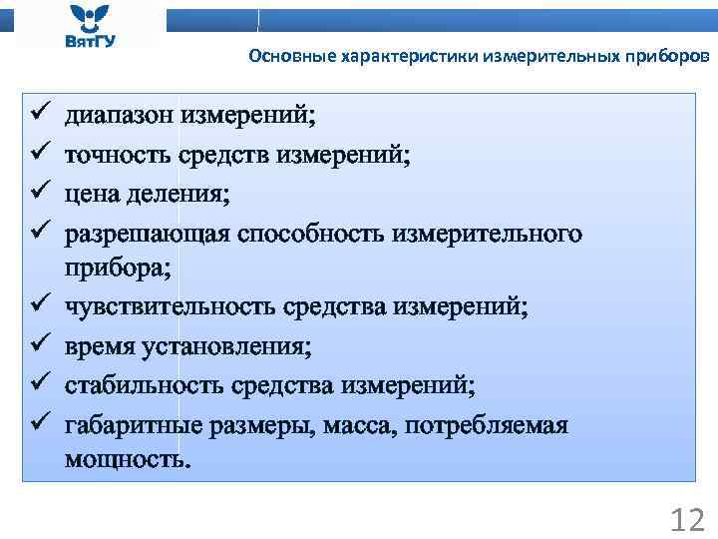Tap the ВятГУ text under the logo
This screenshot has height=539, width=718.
click(x=87, y=43)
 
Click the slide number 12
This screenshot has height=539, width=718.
click(x=687, y=519)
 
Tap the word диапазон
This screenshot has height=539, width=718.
click(x=119, y=115)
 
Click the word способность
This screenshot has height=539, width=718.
click(x=312, y=232)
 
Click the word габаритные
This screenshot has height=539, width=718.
click(x=134, y=424)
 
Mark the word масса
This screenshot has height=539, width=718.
click(x=359, y=424)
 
